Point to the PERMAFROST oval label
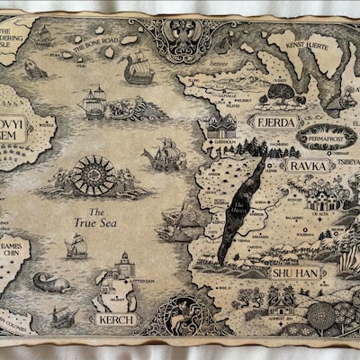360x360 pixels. click(323, 139)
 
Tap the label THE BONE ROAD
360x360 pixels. click(95, 41)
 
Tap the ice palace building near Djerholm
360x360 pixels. click(220, 124)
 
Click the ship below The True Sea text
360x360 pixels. click(76, 245)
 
